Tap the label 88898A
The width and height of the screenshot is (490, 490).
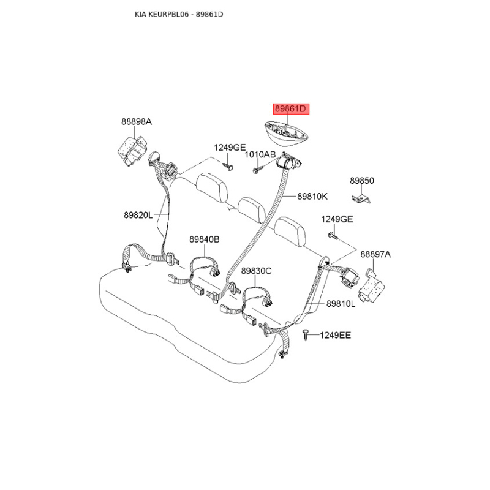tap(137, 121)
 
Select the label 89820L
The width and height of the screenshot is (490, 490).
tap(138, 215)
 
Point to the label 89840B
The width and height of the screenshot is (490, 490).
tap(205, 239)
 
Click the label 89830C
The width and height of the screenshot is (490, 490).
tap(256, 271)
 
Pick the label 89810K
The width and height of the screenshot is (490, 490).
tap(312, 196)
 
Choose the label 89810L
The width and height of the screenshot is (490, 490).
tap(341, 303)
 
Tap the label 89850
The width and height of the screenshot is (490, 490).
tap(362, 181)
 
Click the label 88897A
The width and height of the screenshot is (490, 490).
tap(375, 254)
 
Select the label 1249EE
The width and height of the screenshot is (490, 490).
tap(335, 335)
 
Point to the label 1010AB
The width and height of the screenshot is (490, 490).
tap(260, 154)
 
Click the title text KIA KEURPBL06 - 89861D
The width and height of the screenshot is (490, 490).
tap(179, 14)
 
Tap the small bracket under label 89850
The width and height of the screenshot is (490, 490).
tap(361, 198)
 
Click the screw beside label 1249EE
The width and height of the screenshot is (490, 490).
tap(306, 334)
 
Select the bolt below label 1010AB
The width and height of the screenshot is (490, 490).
tap(258, 170)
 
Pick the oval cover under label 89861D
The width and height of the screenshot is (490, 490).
tap(286, 134)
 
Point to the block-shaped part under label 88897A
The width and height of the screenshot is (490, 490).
tap(371, 286)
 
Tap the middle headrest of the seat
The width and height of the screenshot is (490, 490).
tap(252, 209)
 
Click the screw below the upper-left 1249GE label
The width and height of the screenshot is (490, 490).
tap(228, 167)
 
